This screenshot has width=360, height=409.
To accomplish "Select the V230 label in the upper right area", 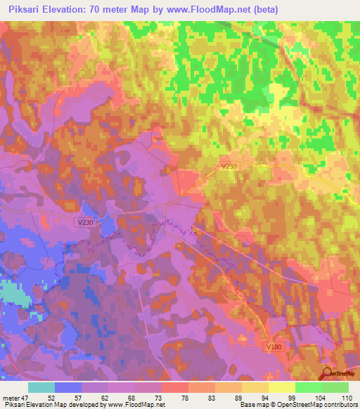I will click(229, 166).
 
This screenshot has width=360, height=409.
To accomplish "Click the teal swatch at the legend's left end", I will click(41, 387).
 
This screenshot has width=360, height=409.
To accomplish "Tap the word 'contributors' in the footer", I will click(339, 405).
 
